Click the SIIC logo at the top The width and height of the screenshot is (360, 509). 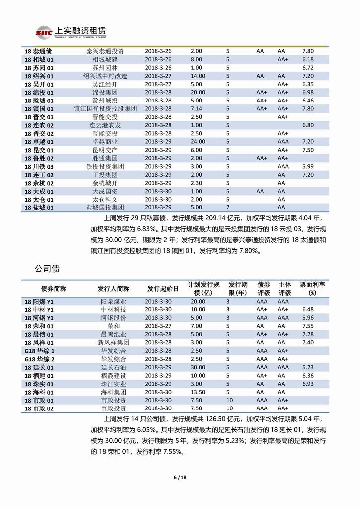tap(43, 32)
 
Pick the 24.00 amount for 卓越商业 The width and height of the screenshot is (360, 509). tap(197, 141)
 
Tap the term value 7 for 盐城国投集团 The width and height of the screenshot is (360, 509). tap(228, 207)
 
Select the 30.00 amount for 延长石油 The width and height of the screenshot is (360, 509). tap(197, 367)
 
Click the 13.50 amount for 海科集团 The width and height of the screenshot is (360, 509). tap(197, 392)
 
